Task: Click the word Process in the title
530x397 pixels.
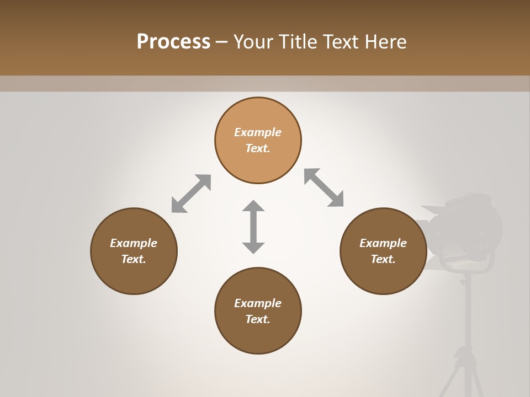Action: [x=173, y=42]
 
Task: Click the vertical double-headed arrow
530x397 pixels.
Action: [x=253, y=227]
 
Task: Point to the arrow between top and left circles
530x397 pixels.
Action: [x=191, y=193]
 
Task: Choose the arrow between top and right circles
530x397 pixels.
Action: [x=324, y=187]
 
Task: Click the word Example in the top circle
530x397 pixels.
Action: [x=258, y=132]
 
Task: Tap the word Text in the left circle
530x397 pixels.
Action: [x=134, y=259]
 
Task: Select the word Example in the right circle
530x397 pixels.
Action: [x=383, y=243]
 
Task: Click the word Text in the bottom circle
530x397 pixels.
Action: [x=258, y=319]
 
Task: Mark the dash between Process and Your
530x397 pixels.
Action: [x=222, y=42]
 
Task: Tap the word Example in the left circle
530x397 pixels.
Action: [x=134, y=243]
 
